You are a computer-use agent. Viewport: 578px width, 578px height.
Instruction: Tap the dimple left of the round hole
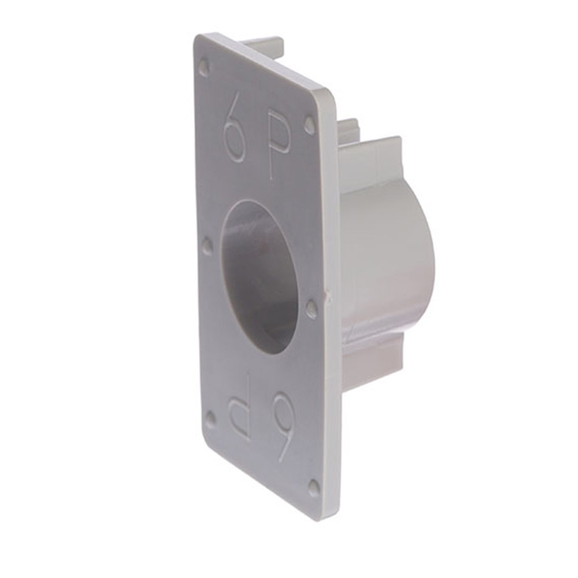[209, 244]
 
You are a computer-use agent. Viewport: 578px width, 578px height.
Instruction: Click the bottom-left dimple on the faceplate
[210, 418]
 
